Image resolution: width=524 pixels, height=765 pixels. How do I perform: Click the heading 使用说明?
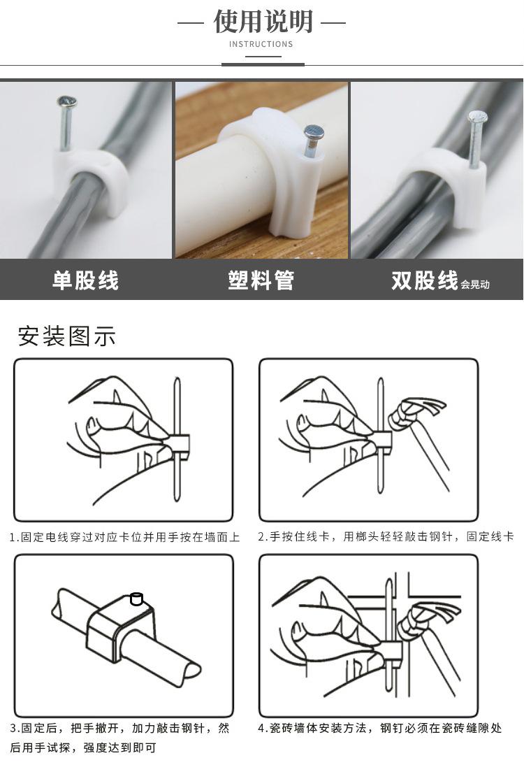pyautogui.click(x=263, y=22)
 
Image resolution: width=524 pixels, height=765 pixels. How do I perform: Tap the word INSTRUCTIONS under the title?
pyautogui.click(x=261, y=44)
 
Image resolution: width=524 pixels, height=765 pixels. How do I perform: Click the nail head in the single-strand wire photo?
pyautogui.click(x=67, y=101)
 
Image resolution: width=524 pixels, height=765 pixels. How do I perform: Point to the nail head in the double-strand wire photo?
pyautogui.click(x=476, y=116)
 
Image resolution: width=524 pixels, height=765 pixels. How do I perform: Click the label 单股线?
pyautogui.click(x=85, y=280)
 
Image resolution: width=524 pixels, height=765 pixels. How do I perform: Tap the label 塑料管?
pyautogui.click(x=261, y=280)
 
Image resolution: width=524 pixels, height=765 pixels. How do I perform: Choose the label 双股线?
pyautogui.click(x=425, y=280)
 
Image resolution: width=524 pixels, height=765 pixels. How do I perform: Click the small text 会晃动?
pyautogui.click(x=475, y=285)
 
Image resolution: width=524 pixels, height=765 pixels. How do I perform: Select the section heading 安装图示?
pyautogui.click(x=67, y=336)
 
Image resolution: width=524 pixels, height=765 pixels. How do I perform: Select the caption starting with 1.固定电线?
pyautogui.click(x=125, y=537)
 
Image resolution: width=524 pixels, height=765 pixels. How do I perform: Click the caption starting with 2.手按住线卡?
pyautogui.click(x=386, y=536)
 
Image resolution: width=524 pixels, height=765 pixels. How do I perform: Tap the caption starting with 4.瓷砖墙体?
pyautogui.click(x=379, y=728)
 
